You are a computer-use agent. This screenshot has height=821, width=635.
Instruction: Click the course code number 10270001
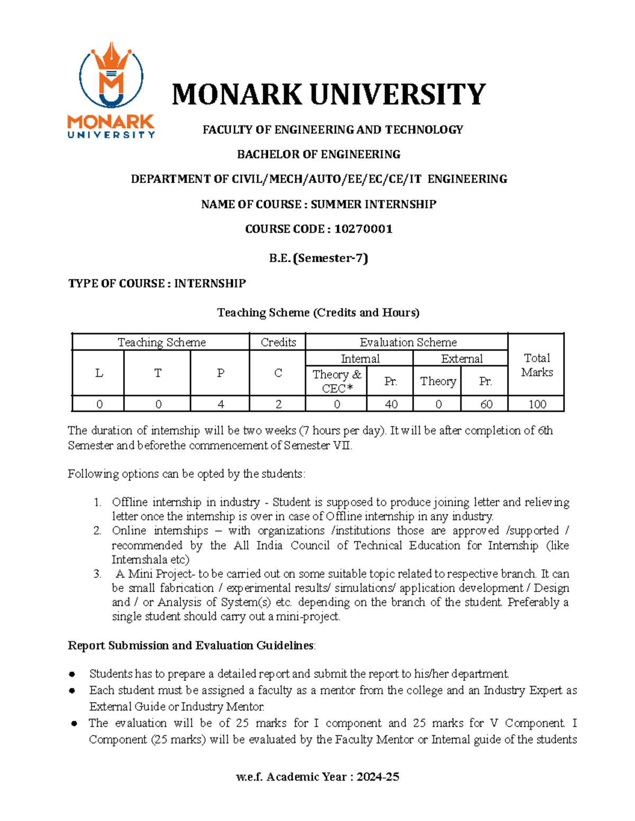[363, 229]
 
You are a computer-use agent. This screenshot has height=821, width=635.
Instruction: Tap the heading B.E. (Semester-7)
[319, 258]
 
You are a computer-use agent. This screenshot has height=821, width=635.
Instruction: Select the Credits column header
[278, 342]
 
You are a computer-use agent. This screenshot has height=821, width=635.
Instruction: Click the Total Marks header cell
[536, 365]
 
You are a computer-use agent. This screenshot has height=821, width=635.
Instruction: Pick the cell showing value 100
[537, 404]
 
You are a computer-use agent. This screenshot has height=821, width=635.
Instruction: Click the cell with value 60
[485, 404]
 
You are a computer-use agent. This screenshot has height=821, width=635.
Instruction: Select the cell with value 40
[391, 404]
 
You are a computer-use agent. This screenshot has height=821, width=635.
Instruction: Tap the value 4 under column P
[220, 404]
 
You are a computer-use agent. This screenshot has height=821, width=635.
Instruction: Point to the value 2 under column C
[278, 404]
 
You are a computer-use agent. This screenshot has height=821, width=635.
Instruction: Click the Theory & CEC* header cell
[337, 381]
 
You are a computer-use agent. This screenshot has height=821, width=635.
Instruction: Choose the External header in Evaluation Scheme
[461, 359]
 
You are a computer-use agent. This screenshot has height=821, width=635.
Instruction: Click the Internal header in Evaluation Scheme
[360, 359]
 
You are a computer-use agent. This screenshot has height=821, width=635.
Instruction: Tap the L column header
[98, 373]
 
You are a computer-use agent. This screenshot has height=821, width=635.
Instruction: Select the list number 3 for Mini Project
[97, 574]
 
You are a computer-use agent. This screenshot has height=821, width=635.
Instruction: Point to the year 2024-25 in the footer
[378, 777]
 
